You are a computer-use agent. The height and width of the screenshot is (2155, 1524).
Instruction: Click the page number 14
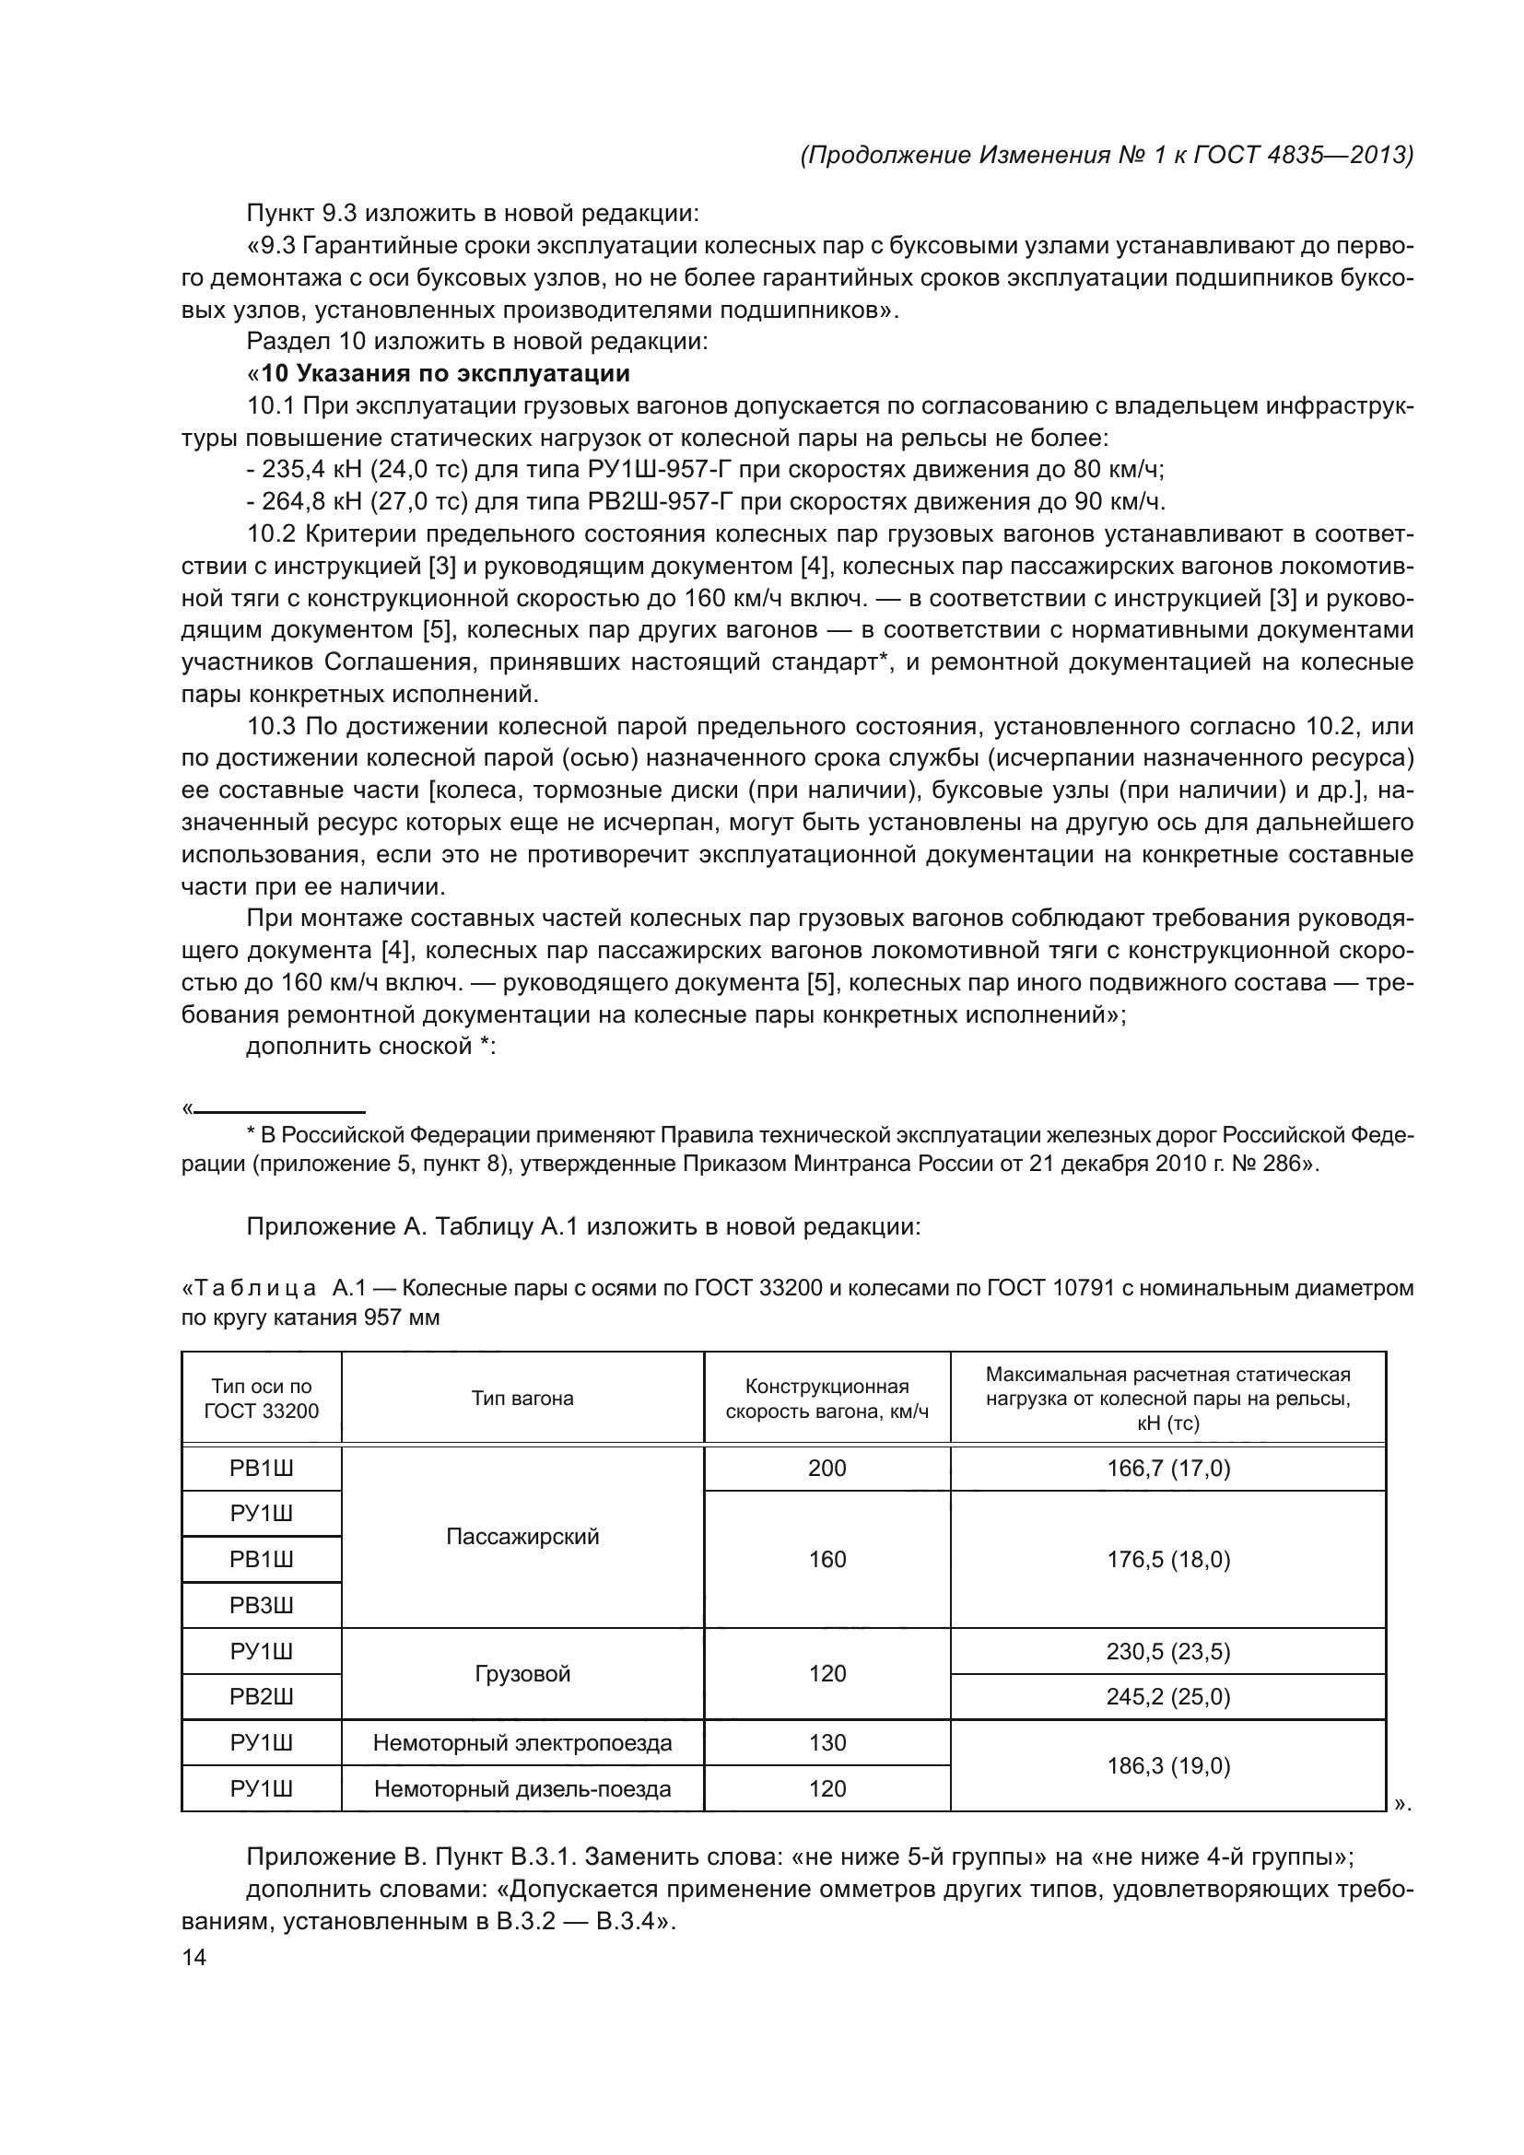click(194, 1957)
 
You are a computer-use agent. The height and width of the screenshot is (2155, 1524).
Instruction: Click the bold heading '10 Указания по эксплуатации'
click(445, 373)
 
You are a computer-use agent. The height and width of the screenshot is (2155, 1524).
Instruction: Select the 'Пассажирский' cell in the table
click(522, 1537)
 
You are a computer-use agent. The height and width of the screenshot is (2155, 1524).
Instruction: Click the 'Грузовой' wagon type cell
click(522, 1673)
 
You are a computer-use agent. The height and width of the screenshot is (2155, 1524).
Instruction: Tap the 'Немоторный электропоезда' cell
click(522, 1743)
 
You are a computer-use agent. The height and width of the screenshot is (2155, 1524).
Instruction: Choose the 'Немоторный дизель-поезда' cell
click(522, 1789)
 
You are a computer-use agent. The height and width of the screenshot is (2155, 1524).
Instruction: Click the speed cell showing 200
click(826, 1468)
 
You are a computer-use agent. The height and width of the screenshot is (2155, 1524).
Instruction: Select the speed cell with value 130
click(826, 1743)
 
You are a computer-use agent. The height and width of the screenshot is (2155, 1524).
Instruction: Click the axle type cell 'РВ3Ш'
click(261, 1605)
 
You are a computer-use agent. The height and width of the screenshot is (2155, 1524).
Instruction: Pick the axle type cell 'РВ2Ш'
click(261, 1697)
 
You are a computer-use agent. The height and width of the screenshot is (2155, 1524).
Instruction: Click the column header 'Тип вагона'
click(522, 1399)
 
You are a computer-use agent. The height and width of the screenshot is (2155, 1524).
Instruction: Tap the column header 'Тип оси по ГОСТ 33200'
click(261, 1399)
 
